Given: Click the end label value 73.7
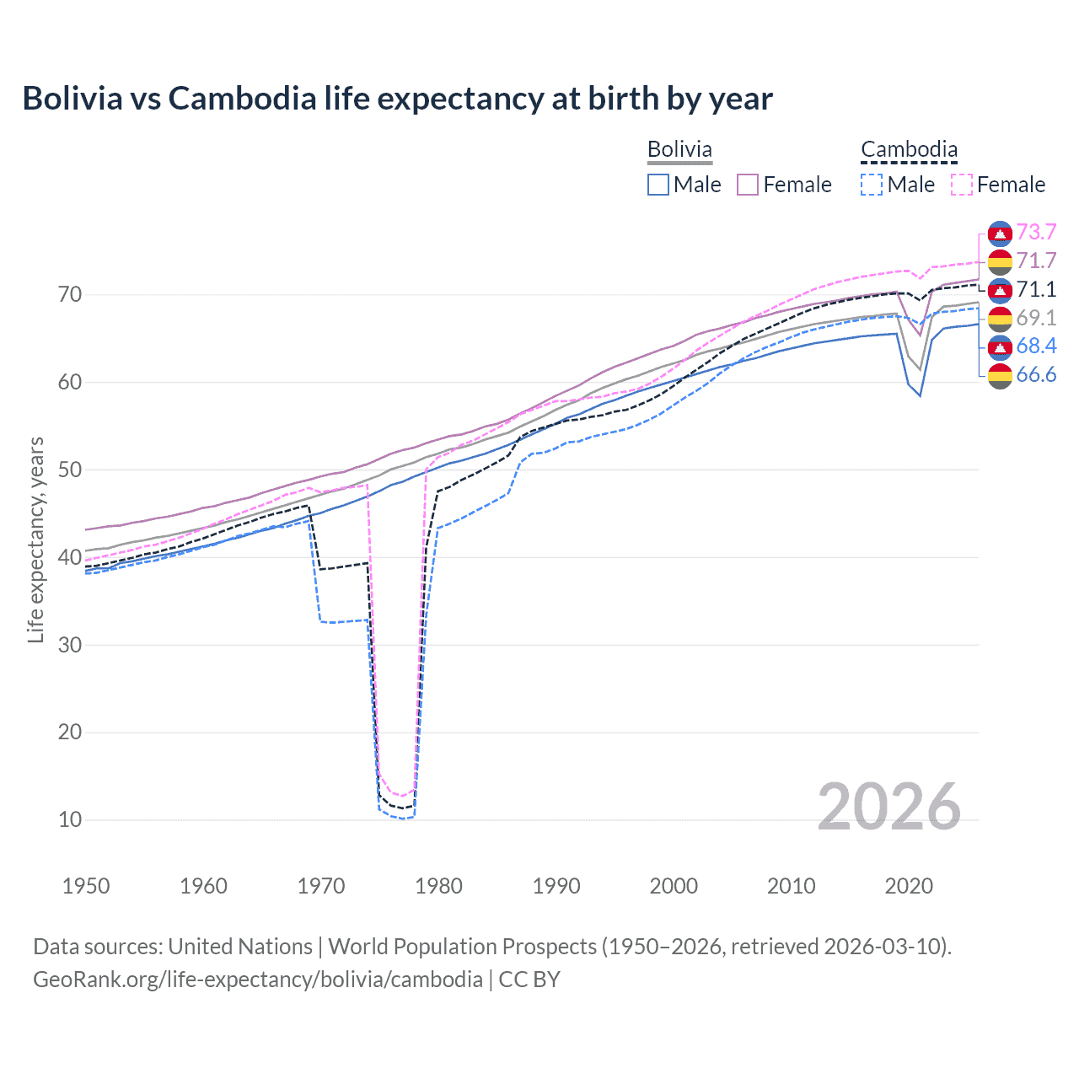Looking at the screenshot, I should click(1036, 232).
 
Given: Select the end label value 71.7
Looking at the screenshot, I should click(1036, 260).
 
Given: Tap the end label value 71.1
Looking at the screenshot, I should click(1036, 289).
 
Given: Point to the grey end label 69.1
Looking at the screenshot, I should click(1036, 318).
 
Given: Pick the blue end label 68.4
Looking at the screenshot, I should click(1036, 346).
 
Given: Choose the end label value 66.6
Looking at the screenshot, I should click(1036, 374).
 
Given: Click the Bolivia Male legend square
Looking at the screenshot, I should click(658, 185).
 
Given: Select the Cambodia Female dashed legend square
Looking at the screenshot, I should click(962, 185).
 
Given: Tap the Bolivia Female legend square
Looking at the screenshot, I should click(748, 185).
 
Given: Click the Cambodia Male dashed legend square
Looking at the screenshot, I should click(872, 185).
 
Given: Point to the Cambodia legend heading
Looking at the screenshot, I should click(909, 150).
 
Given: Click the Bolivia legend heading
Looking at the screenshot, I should click(679, 150).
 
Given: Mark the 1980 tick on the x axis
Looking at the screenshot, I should click(438, 886).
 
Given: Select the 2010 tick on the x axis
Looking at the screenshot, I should click(791, 886).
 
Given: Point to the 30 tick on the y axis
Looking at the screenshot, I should click(70, 645).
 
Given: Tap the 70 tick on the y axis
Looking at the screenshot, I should click(70, 295).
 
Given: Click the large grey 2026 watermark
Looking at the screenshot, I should click(889, 807).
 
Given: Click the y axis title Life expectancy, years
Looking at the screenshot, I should click(35, 539).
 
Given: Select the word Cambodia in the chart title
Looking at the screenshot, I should click(242, 99).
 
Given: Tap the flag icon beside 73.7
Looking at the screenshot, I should click(999, 233).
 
